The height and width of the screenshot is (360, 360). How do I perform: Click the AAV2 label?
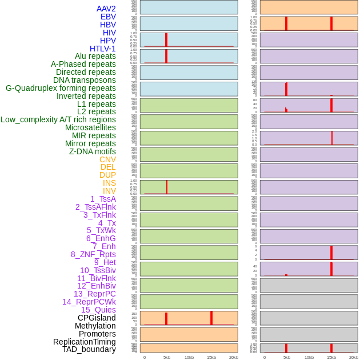coord(106,9)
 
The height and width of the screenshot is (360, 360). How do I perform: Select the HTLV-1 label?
coord(102,49)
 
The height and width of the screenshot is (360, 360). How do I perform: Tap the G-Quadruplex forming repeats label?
coord(61,88)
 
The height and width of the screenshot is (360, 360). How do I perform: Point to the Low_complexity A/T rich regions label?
coord(58,119)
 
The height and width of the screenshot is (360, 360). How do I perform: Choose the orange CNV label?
coord(107,159)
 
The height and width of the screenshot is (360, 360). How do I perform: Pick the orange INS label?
coord(109,183)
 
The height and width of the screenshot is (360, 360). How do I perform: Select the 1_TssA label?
coord(103,199)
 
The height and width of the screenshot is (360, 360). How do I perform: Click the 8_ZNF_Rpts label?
coord(93,254)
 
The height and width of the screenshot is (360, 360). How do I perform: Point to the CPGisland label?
coord(97,318)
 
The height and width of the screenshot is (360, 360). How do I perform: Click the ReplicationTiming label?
coord(84,342)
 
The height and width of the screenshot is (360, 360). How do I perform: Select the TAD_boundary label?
coord(89,349)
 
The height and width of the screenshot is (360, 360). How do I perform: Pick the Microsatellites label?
coord(90,127)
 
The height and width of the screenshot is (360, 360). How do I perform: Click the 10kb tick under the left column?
coord(189,357)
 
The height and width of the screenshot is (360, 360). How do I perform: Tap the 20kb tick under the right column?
coord(354,357)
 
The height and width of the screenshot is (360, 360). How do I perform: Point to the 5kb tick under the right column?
coord(287,357)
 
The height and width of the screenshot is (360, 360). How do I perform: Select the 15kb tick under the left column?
coord(211,357)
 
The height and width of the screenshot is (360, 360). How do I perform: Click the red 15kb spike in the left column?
coord(211,318)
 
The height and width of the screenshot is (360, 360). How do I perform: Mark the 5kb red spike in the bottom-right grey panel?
coord(286,347)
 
